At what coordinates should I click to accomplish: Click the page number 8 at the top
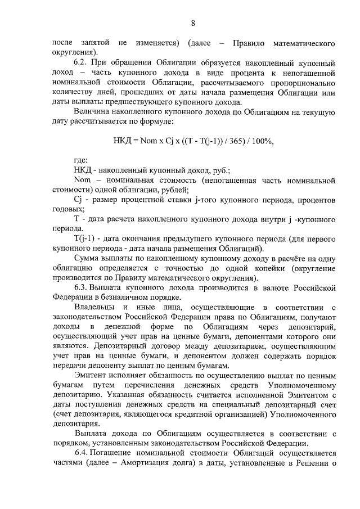point(193,23)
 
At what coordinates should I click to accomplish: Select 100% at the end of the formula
point(257,141)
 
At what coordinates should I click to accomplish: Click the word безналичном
point(129,298)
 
